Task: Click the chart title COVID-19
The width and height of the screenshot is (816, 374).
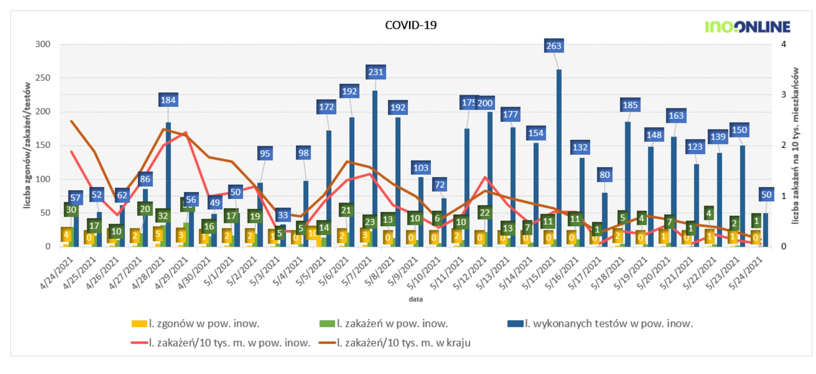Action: point(411,25)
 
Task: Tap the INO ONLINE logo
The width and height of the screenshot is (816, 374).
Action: point(748,27)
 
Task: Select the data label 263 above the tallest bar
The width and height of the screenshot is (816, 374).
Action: point(553,46)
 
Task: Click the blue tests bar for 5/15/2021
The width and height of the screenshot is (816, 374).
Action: point(559,158)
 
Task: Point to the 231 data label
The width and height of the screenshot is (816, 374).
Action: point(375,72)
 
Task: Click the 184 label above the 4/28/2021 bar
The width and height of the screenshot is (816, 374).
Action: point(168,100)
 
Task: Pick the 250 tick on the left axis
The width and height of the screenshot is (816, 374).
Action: point(42,78)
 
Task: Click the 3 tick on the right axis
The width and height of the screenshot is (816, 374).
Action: point(784,95)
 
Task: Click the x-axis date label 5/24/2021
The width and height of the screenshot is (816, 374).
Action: point(745,273)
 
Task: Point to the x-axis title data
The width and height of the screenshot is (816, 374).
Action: point(415,299)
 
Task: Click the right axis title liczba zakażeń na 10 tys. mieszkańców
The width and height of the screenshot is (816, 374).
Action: point(795,145)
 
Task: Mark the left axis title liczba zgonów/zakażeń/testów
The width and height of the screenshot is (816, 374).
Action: point(27,145)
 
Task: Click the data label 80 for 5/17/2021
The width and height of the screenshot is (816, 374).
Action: point(604,175)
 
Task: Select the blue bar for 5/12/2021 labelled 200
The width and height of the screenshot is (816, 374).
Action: point(490,178)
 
